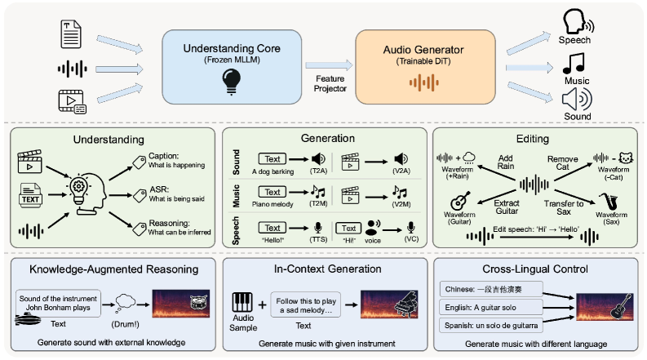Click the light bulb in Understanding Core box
tap(232, 82)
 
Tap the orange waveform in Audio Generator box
tap(423, 82)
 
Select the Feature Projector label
tap(330, 83)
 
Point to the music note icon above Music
tap(574, 63)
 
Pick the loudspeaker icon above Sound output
tap(577, 100)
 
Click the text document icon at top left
tap(70, 33)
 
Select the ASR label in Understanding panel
tap(159, 189)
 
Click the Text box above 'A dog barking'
tap(272, 159)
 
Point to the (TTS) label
tap(318, 239)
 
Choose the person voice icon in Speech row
tap(373, 228)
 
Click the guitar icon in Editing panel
tap(460, 201)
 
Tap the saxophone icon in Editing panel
tap(608, 202)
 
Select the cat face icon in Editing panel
tap(626, 158)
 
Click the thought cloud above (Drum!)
tap(125, 304)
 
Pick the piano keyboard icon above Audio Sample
tap(242, 302)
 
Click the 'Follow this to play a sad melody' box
tap(306, 305)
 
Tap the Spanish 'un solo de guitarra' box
tap(491, 326)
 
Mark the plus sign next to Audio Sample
tap(263, 305)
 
